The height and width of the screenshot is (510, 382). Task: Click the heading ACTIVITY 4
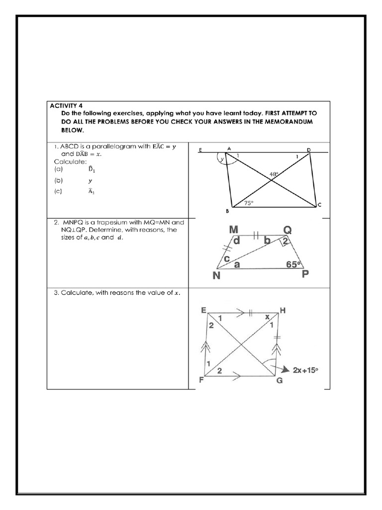click(66, 105)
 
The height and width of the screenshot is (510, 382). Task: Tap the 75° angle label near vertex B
click(248, 203)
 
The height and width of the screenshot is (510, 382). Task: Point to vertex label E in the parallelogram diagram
click(200, 149)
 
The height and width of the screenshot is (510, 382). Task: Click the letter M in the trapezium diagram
click(233, 230)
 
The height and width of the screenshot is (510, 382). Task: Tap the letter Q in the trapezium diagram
click(288, 230)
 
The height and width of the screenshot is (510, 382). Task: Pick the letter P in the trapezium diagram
click(305, 274)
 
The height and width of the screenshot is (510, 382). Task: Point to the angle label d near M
click(237, 241)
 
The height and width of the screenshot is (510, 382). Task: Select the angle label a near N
click(237, 265)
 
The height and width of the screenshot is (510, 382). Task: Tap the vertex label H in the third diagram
click(283, 310)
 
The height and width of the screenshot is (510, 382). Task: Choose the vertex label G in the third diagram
click(279, 382)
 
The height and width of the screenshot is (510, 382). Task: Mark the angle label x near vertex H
click(267, 316)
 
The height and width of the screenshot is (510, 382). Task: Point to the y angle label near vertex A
click(223, 159)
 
